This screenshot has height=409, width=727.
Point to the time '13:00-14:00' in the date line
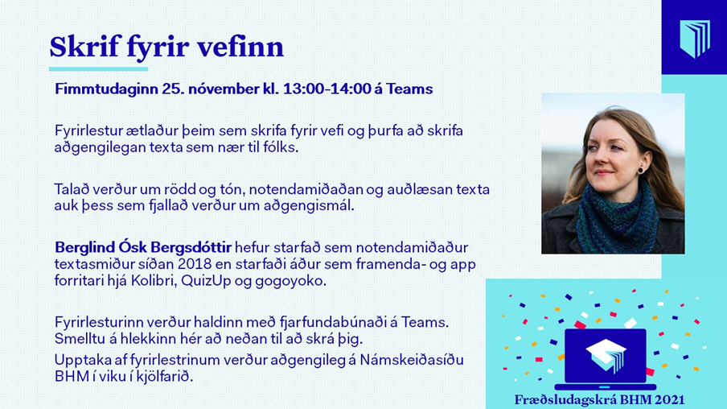pos(327,89)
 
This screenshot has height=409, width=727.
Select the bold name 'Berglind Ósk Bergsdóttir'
pos(143,247)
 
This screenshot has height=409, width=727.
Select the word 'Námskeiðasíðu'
pos(412,360)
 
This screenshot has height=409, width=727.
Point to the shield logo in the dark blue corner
pos(695,38)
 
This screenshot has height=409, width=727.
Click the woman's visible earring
pos(640,170)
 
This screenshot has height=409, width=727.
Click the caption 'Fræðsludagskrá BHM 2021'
pos(599,399)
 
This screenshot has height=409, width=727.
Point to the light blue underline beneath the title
pos(98,69)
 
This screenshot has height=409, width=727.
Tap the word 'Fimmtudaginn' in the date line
pos(106,89)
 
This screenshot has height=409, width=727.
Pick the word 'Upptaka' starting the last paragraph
pos(83,360)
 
